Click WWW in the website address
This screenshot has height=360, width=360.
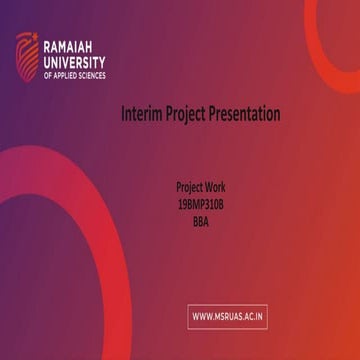[203, 317]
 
